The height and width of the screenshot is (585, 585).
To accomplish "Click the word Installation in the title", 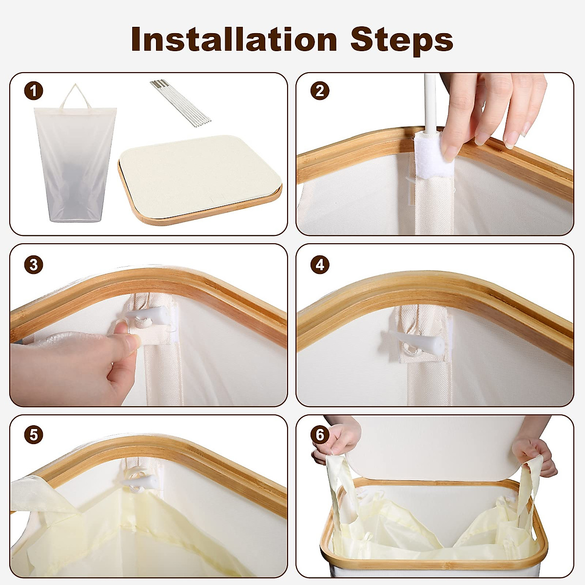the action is (234, 39).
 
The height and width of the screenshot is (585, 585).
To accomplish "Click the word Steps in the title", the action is (402, 41).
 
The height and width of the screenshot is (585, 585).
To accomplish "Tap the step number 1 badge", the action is (34, 91).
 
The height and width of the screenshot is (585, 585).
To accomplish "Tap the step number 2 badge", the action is (320, 91).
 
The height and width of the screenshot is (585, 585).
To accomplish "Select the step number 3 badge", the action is (34, 264).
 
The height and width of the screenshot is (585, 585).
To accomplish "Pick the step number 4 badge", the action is (320, 264).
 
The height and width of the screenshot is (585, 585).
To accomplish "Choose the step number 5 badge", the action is (34, 435).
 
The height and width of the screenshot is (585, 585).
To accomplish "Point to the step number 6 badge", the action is (320, 435).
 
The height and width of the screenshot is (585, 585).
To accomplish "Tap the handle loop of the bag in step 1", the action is (75, 97).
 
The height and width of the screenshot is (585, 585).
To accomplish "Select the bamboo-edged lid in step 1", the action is (200, 180).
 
